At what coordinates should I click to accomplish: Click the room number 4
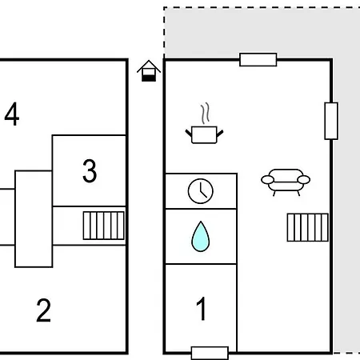tap(12, 114)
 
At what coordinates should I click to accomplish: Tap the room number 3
tap(90, 171)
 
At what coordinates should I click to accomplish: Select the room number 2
tap(43, 310)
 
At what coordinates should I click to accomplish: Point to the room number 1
tap(201, 309)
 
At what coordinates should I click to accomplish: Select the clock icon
tap(201, 191)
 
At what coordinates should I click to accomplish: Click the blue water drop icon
tap(201, 237)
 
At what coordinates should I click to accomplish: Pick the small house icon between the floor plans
tap(149, 71)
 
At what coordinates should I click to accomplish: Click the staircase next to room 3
tap(104, 226)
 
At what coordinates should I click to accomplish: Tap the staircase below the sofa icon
tap(308, 227)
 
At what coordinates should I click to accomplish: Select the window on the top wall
tap(258, 60)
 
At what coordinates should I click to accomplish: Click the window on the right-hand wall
tap(331, 121)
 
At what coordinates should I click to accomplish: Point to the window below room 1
tap(210, 353)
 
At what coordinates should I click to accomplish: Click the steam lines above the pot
tap(205, 113)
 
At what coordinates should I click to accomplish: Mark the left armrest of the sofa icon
tap(267, 180)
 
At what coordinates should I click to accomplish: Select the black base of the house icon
tap(149, 78)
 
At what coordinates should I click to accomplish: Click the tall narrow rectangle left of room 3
tap(34, 219)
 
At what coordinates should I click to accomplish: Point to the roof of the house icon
tap(149, 66)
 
